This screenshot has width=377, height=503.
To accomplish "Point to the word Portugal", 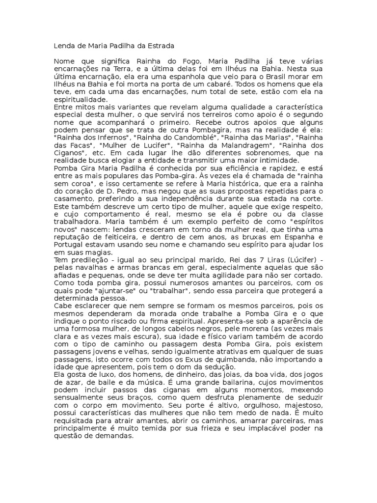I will [x=68, y=245].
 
